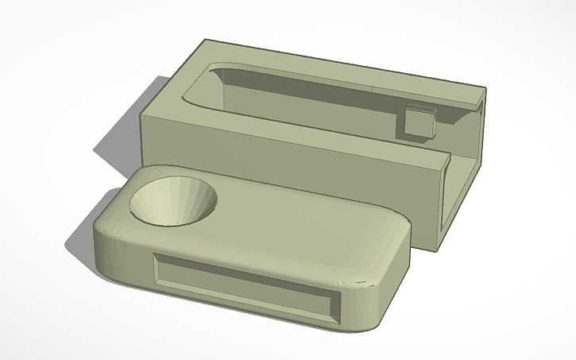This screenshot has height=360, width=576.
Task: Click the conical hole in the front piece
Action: point(173,200)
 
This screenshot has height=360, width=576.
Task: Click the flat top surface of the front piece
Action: point(302,230)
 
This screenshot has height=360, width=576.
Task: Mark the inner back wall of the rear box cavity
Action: point(318,87)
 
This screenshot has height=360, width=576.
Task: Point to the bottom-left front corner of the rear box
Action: point(143,169)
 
